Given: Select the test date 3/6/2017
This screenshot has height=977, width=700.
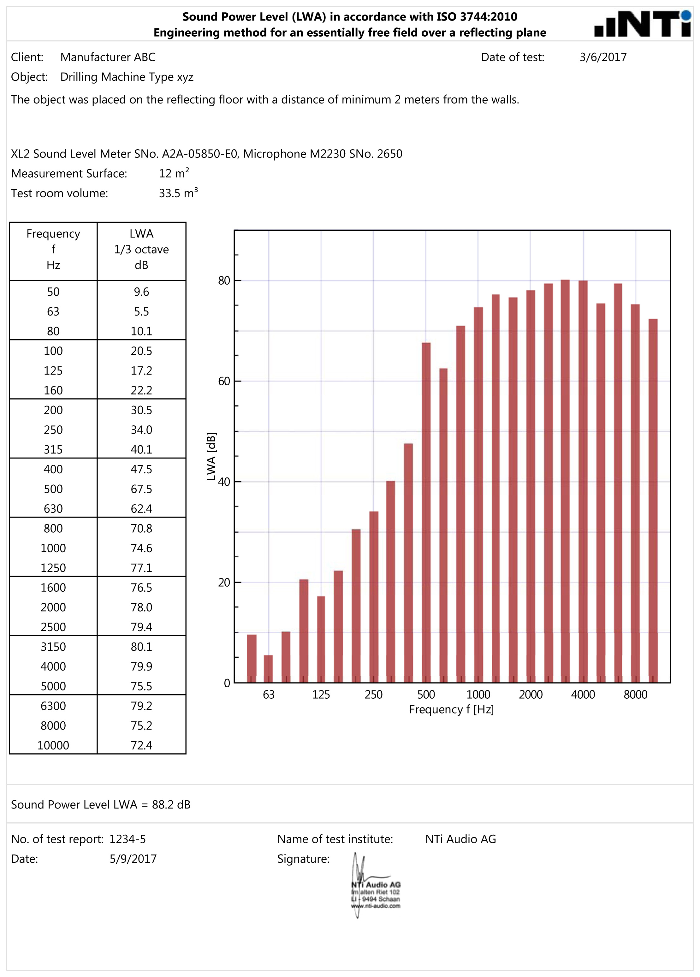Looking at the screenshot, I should (x=603, y=57).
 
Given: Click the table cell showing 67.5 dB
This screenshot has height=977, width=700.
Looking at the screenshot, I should (x=141, y=489).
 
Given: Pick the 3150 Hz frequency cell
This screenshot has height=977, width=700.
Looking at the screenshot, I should (x=53, y=647).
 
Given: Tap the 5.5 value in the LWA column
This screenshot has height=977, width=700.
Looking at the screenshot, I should (x=141, y=311).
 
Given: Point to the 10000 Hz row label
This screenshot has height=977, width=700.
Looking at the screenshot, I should (x=53, y=745).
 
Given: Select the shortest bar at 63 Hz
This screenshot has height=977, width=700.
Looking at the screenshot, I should (x=268, y=669).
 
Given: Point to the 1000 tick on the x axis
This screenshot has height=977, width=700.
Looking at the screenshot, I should (x=478, y=695).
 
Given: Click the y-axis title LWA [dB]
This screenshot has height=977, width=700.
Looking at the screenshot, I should (x=211, y=456).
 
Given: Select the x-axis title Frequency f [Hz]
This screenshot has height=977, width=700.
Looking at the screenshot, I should (x=451, y=709).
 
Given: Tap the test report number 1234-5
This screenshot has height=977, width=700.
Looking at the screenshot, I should (x=128, y=839).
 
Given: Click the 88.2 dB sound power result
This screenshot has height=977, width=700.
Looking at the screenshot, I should (x=171, y=805).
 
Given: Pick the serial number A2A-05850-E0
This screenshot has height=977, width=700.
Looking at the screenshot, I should (x=199, y=154).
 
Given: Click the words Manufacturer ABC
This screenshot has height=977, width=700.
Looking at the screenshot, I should (x=108, y=57).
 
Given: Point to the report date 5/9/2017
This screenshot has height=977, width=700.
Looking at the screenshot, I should (x=133, y=859).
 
